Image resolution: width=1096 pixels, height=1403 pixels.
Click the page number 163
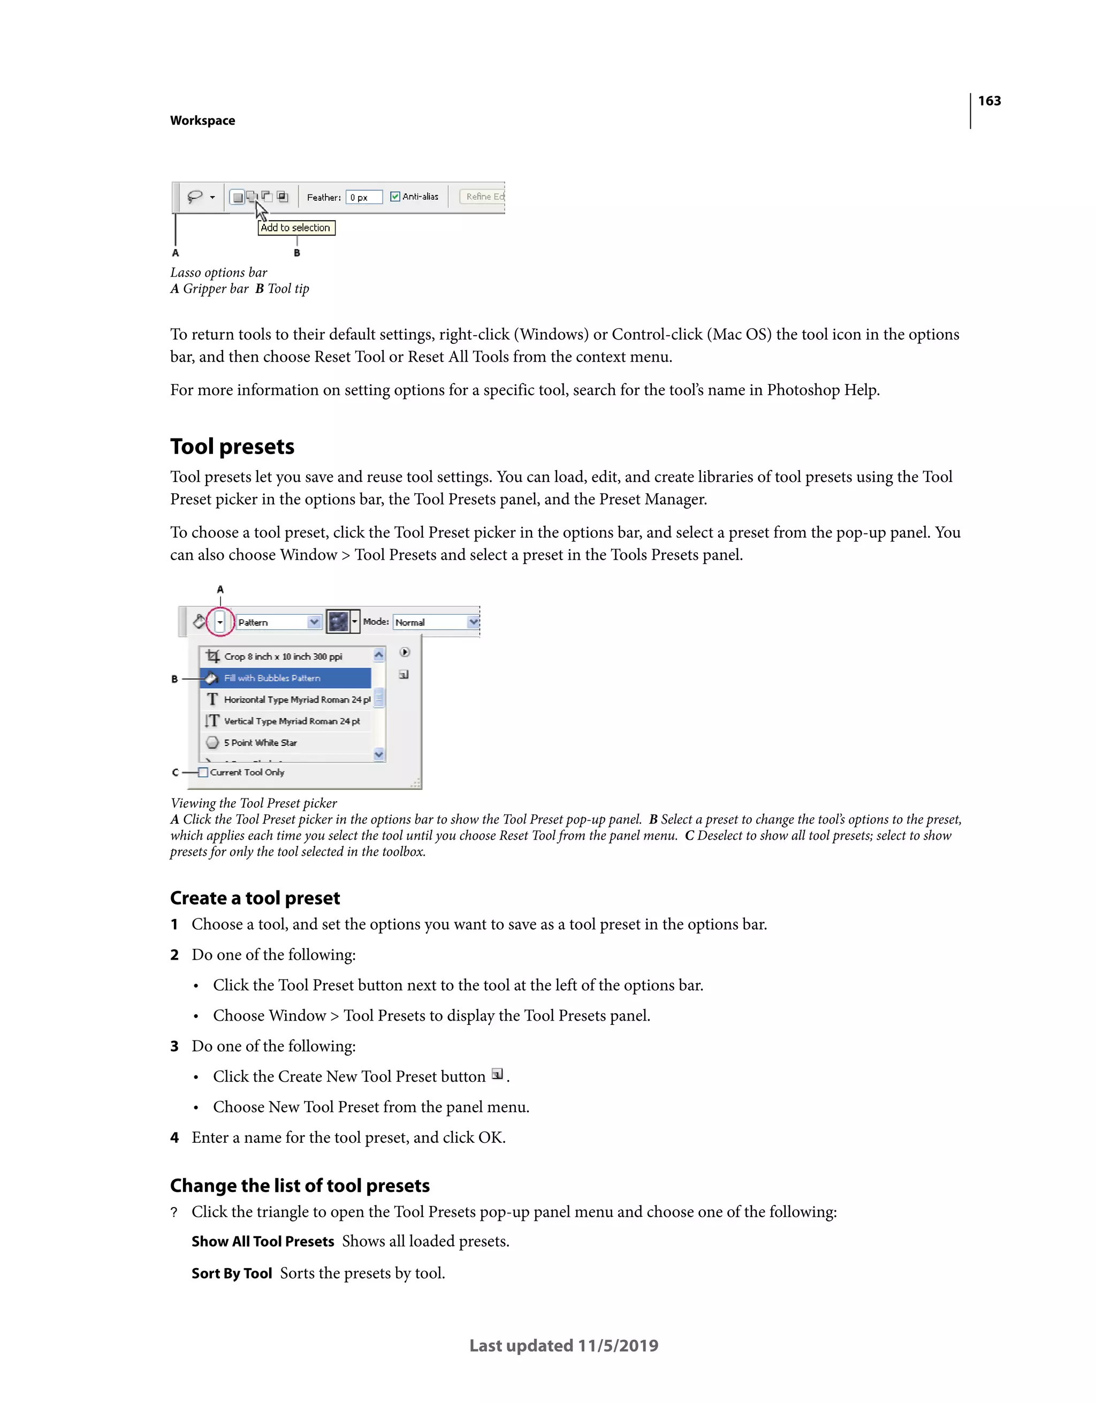coord(989,101)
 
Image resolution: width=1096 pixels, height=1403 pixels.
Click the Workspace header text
coord(202,121)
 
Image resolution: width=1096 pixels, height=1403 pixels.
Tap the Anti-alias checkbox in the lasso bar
coord(395,197)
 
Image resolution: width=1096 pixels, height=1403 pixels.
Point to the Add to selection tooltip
coord(296,228)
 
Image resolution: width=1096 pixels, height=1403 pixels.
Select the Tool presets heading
coord(232,447)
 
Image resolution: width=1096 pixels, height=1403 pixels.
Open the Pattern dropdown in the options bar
coord(313,622)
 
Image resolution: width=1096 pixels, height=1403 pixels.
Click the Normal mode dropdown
coord(473,622)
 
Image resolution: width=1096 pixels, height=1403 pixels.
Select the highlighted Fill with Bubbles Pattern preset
coord(285,678)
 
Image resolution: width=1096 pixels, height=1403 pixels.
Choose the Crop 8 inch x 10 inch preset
coord(283,657)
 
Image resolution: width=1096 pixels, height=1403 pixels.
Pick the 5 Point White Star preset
coord(260,743)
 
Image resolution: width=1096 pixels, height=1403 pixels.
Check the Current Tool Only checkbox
coord(203,772)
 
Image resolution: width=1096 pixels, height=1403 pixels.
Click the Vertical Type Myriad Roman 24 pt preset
coord(292,721)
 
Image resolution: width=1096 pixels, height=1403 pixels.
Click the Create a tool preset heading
coord(255,897)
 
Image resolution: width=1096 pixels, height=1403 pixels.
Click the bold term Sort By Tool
coord(231,1273)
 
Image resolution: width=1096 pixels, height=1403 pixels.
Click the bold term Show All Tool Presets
coord(263,1241)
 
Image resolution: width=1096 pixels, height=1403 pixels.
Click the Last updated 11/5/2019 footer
coord(563,1345)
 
